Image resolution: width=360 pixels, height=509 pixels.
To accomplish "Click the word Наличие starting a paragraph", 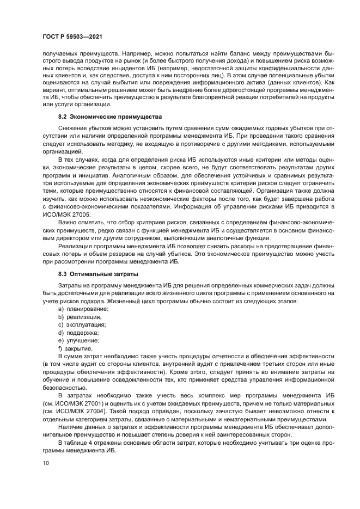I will (x=71, y=427).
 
